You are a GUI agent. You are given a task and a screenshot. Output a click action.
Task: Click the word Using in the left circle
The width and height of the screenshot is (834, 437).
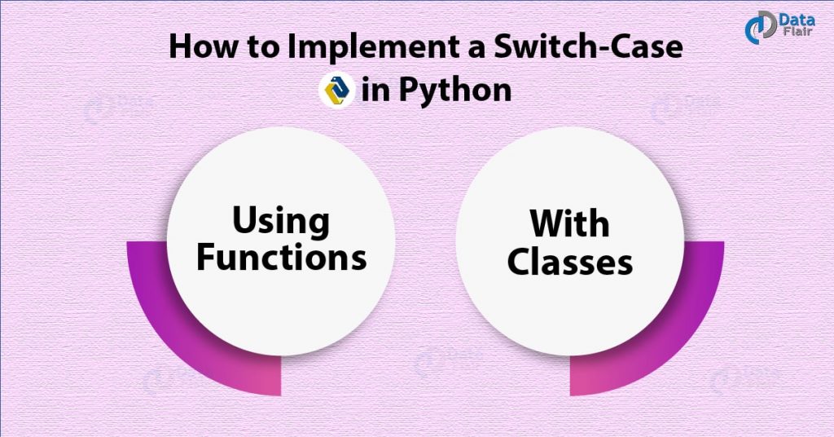[281, 221]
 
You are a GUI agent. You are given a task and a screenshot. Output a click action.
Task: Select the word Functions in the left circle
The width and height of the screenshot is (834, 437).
[281, 257]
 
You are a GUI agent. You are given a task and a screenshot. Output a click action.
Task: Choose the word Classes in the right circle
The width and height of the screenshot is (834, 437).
[568, 262]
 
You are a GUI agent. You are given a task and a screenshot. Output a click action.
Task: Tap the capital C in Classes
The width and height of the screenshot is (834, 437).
[519, 262]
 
